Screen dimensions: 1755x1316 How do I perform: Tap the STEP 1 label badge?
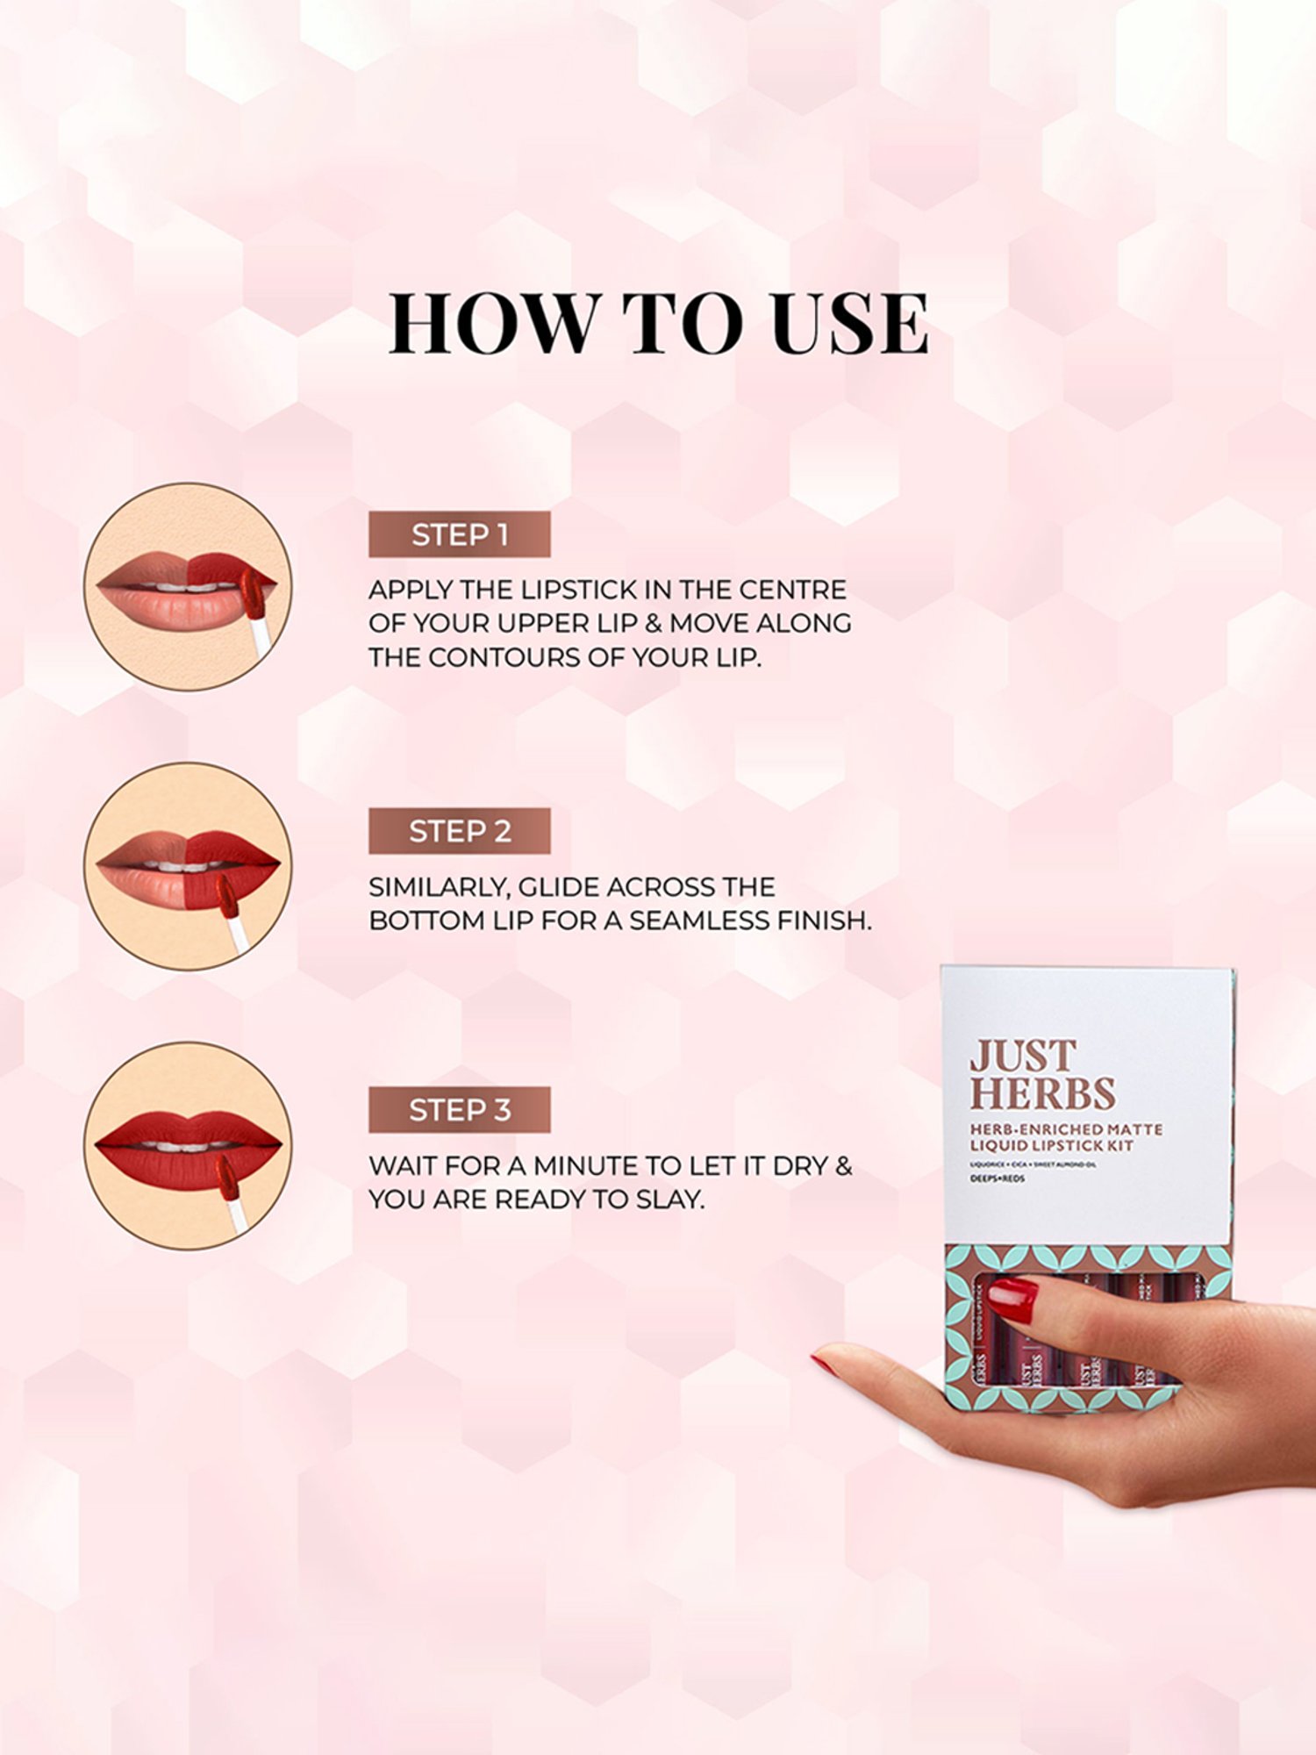coord(459,534)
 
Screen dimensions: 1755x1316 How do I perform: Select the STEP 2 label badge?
coord(459,831)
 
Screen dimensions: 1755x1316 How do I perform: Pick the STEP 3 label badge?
coord(459,1110)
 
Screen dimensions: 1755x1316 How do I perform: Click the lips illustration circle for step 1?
coord(188,586)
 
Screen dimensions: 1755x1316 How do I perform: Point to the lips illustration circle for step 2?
coord(188,866)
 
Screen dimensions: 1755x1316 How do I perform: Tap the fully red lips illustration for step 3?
coord(188,1145)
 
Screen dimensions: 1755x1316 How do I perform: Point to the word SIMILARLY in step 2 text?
coord(438,887)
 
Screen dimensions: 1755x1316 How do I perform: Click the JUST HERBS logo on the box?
coord(1042,1075)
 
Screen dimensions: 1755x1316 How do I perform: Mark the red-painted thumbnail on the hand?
coord(1014,1299)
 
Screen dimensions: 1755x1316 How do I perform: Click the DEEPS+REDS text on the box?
coord(997,1178)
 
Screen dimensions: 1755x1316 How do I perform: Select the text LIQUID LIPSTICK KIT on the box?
coord(1051,1146)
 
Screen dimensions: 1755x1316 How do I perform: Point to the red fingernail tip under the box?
coord(823,1363)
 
